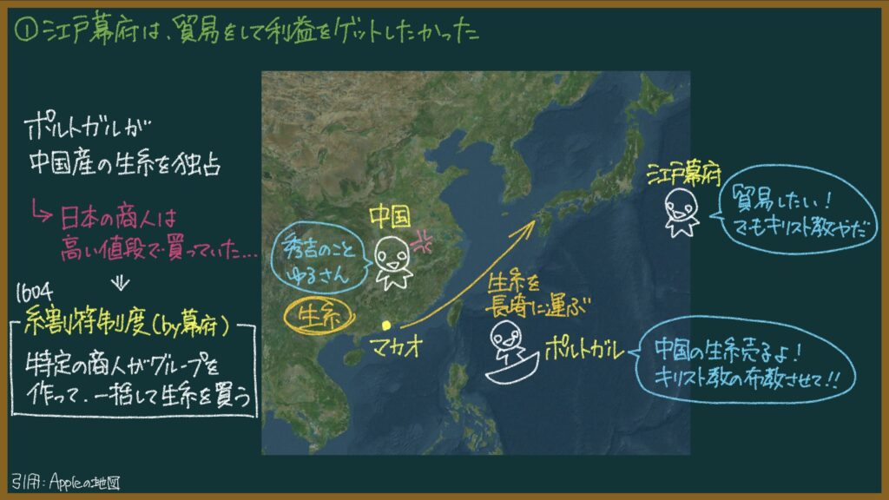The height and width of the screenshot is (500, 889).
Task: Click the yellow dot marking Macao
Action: (386, 325)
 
